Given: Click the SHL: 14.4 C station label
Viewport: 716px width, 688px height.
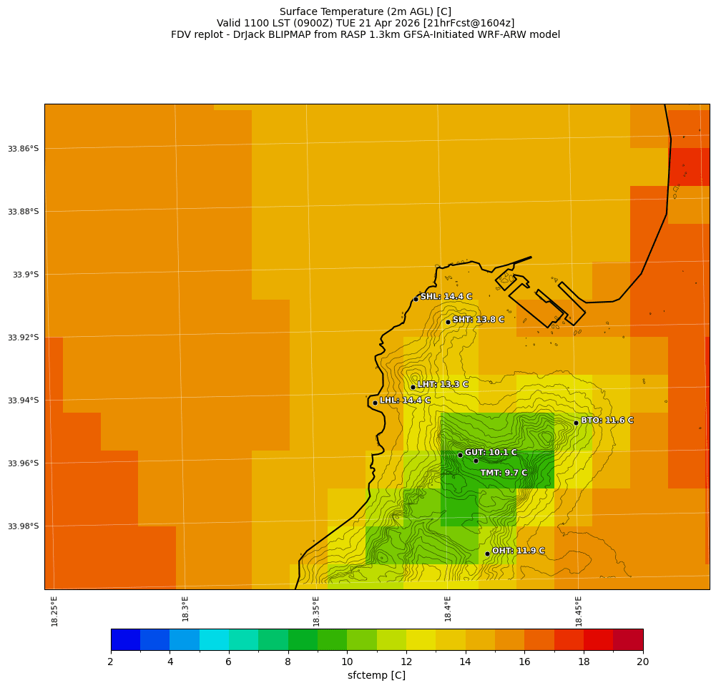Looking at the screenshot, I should point(446,297).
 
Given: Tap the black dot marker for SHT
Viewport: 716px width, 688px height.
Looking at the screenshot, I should point(448,322).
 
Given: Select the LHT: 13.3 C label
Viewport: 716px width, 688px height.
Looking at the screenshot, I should point(442,385).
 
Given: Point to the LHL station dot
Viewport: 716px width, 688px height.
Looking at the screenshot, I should point(375,403).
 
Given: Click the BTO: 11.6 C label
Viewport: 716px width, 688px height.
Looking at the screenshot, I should point(607,421).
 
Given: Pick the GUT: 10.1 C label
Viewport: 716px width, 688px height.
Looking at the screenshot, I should point(491,453).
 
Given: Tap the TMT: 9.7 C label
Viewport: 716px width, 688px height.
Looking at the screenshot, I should point(504,473).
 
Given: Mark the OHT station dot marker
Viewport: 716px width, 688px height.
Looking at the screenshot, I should point(487,554).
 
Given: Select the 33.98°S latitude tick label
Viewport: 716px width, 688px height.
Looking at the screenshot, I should point(23,526).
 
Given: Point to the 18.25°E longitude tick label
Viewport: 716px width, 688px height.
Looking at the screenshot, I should point(55,611).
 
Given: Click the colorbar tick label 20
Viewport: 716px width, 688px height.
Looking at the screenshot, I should point(642,662).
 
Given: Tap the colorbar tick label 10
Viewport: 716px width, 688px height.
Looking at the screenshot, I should point(347,662).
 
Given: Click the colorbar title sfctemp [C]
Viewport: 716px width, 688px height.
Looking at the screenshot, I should point(376,676).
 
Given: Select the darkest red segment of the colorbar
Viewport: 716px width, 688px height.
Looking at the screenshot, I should point(628,639).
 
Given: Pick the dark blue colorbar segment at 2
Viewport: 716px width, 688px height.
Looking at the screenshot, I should point(125,639).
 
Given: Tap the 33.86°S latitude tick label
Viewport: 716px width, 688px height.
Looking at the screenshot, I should point(23,149).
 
